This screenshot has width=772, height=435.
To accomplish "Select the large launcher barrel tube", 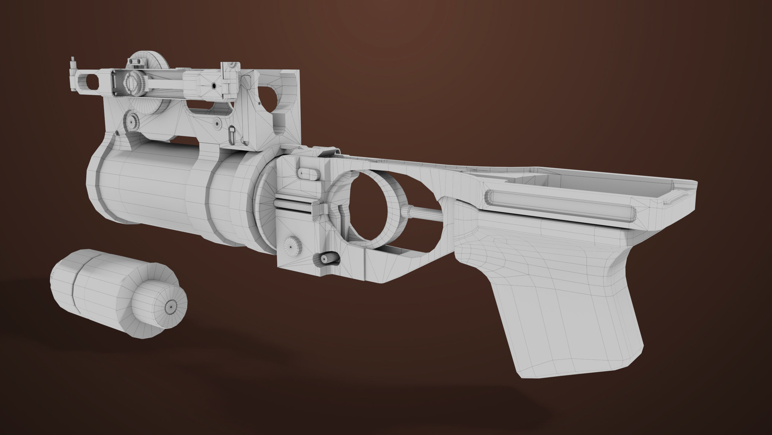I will tap(145, 193).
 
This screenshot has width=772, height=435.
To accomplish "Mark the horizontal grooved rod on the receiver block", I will tap(294, 208).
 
